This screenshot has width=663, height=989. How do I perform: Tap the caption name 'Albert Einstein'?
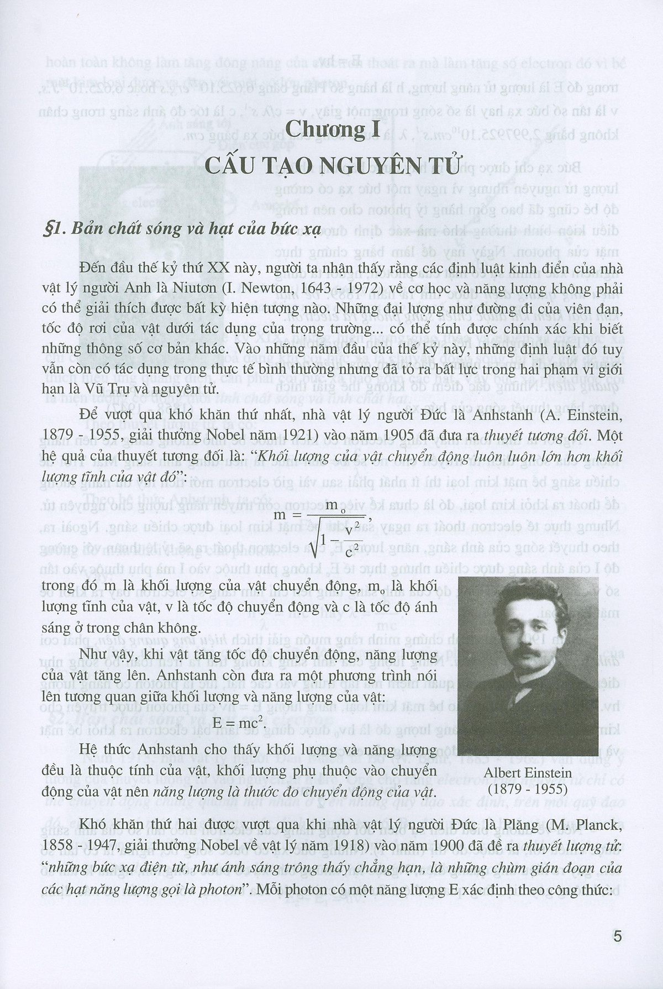(x=528, y=774)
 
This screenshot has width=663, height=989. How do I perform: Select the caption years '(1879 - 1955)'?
(x=529, y=789)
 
